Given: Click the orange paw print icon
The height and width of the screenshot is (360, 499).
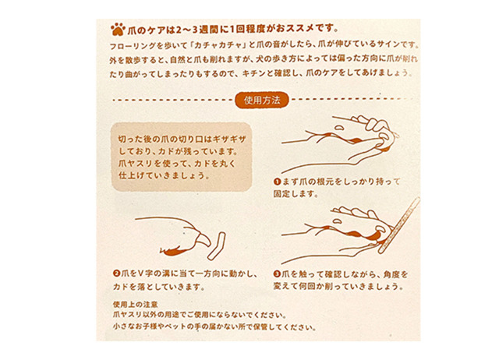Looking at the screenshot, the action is point(118,30).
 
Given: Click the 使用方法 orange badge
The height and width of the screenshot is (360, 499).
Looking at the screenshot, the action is point(262,101).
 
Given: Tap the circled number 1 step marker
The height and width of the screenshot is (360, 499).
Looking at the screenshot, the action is point(278,182).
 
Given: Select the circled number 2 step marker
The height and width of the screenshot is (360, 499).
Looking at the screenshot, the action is point(116,274).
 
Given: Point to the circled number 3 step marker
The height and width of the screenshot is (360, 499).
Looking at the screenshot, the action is point(277,274).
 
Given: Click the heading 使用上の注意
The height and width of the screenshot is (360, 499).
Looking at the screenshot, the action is point(135,305).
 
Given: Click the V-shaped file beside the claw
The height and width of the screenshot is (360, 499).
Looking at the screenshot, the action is point(217,246).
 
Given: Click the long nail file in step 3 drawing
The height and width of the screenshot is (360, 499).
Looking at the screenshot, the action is point(399,225).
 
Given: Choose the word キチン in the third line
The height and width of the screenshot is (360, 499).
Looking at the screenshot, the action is point(253,73).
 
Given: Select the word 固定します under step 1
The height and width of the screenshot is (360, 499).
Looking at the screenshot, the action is point(296,194).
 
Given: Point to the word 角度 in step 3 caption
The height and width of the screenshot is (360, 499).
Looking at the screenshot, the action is point(391,274).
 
